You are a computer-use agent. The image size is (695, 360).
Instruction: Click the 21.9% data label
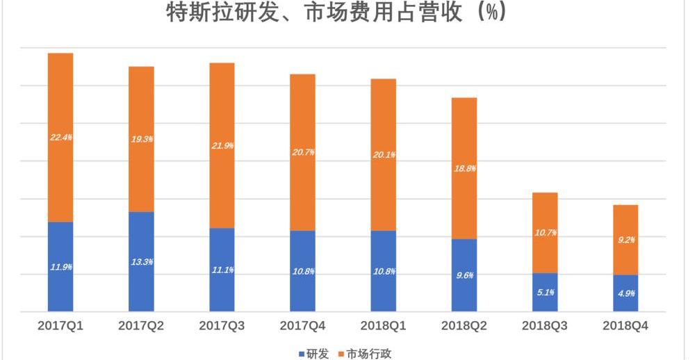click(x=222, y=146)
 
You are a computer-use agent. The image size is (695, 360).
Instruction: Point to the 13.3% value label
click(x=142, y=262)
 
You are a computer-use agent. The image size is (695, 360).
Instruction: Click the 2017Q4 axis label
click(x=302, y=325)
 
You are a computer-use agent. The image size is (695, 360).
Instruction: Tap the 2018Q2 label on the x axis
click(x=464, y=325)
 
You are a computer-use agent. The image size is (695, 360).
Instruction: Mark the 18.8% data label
click(x=464, y=169)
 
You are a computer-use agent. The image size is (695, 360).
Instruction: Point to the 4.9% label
click(x=625, y=293)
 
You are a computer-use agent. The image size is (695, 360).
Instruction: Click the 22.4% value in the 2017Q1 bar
click(x=61, y=138)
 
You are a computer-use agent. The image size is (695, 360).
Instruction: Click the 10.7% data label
click(x=545, y=233)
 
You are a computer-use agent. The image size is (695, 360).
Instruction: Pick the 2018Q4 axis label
click(x=625, y=325)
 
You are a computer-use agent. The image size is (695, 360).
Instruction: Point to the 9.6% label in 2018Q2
click(x=464, y=276)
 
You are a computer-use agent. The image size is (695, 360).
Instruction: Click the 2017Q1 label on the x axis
click(x=60, y=325)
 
